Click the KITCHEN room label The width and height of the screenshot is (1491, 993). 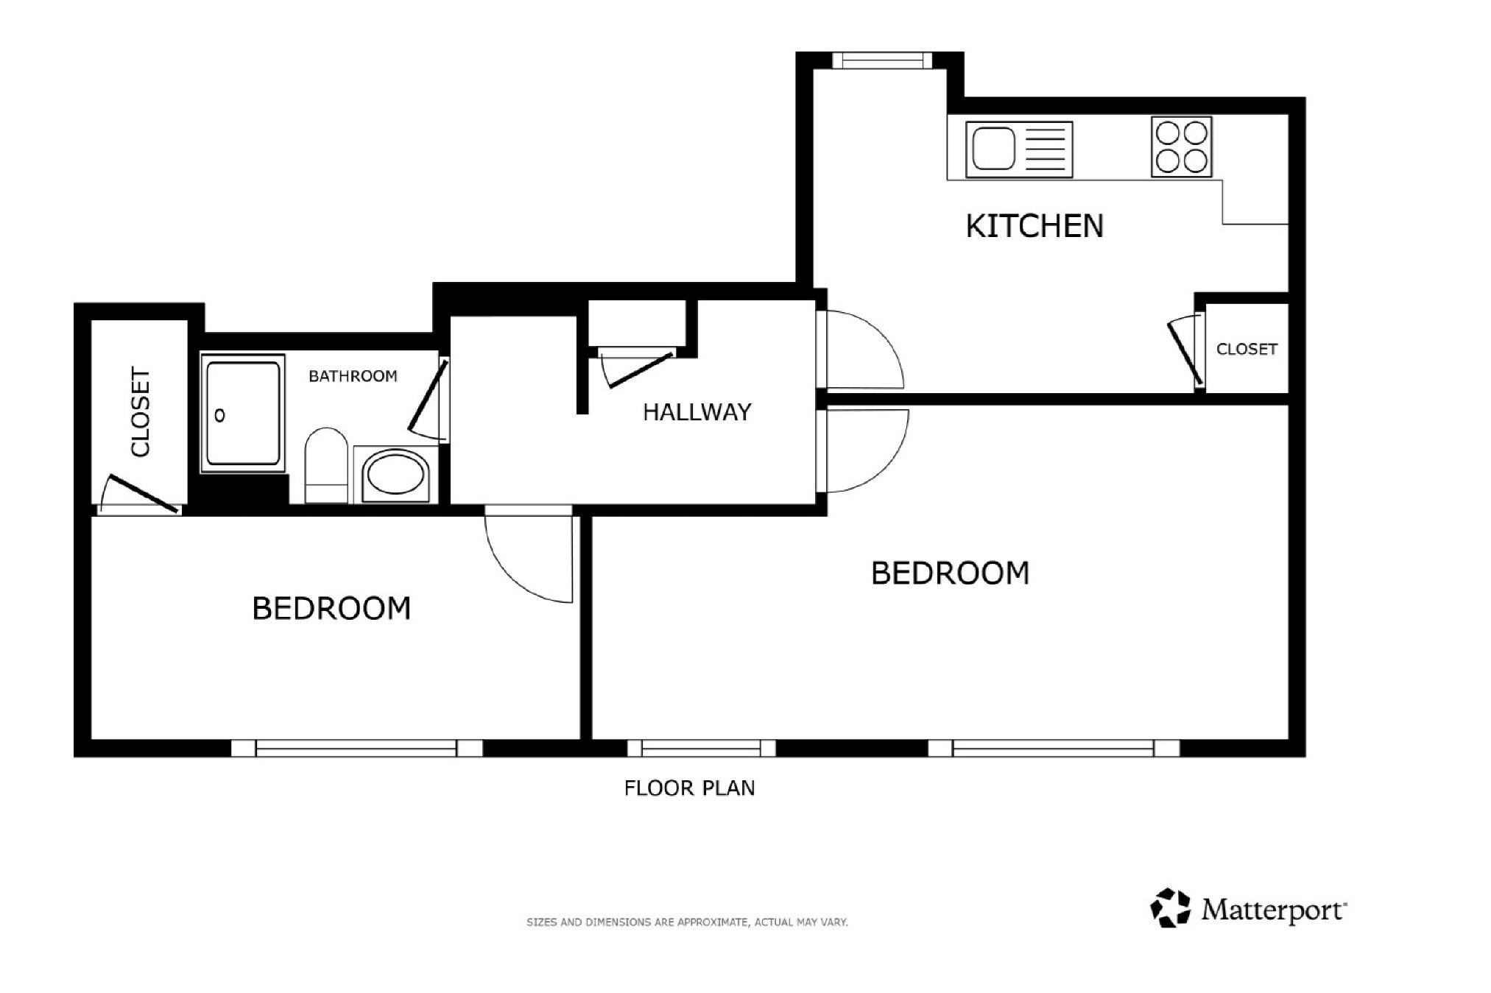(x=1034, y=226)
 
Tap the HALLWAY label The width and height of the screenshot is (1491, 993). (x=697, y=412)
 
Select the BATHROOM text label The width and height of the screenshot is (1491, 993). (x=353, y=376)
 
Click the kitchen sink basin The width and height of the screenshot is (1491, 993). (x=993, y=149)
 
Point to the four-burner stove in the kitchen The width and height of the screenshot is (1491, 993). (x=1181, y=147)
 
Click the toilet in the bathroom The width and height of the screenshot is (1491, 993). (x=326, y=466)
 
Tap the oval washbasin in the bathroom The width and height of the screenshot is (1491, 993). (x=396, y=475)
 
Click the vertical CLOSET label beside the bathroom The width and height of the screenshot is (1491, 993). (x=140, y=412)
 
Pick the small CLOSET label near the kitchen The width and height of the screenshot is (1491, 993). (x=1247, y=349)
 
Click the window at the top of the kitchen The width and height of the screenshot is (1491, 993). (x=882, y=60)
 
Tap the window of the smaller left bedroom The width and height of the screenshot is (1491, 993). (x=357, y=748)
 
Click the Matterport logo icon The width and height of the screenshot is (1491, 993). (x=1170, y=908)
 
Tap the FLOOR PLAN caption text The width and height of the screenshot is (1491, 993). (x=689, y=788)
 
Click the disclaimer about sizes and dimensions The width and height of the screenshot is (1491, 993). (x=687, y=922)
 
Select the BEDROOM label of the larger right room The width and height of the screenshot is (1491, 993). (x=950, y=573)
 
